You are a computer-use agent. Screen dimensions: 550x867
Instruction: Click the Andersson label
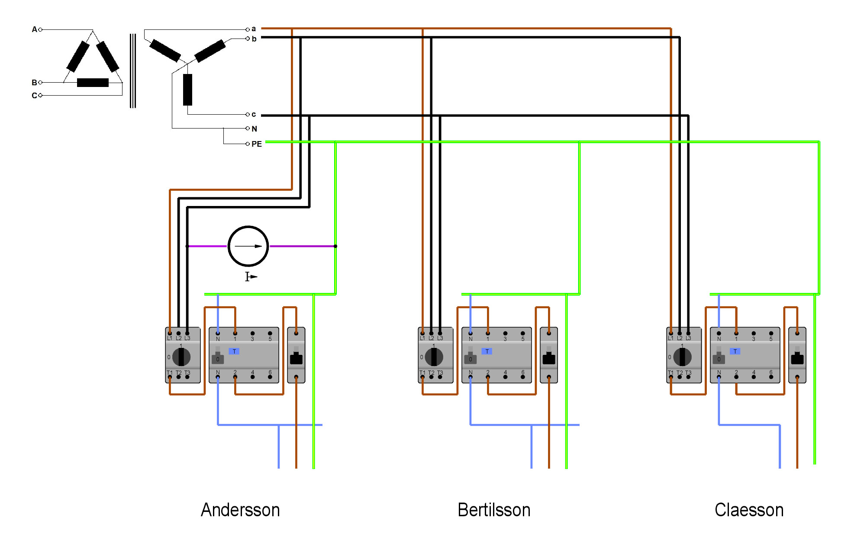(240, 510)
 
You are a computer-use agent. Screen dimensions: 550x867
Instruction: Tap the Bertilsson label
(494, 510)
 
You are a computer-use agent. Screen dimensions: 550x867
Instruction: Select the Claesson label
(749, 510)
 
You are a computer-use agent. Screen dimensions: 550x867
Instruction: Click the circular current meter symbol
(248, 246)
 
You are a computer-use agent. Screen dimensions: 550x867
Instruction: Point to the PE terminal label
(257, 144)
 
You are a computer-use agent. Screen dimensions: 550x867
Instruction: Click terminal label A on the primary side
(34, 29)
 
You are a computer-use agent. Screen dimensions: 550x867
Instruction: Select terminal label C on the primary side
(34, 96)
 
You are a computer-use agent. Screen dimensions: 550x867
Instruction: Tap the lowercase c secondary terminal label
(254, 115)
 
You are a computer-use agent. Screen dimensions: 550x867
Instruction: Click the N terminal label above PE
(255, 129)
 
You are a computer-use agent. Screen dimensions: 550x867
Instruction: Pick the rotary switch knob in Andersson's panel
(181, 357)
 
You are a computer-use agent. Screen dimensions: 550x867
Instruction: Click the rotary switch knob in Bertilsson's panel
(434, 357)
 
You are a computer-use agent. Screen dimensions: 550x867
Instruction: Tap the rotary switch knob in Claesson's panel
(682, 357)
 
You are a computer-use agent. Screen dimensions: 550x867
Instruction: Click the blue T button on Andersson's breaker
(234, 351)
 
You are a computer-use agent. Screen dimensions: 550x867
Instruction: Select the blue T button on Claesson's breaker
(735, 351)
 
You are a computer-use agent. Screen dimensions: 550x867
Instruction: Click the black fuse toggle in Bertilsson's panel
(549, 358)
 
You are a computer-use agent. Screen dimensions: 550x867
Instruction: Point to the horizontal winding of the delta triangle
(93, 83)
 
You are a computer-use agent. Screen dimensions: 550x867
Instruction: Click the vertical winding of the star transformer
(187, 90)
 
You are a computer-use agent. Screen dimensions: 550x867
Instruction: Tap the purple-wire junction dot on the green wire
(335, 246)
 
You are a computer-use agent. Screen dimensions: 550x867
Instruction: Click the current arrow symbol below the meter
(251, 277)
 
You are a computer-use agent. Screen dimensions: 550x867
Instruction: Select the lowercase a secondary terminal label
(254, 29)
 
